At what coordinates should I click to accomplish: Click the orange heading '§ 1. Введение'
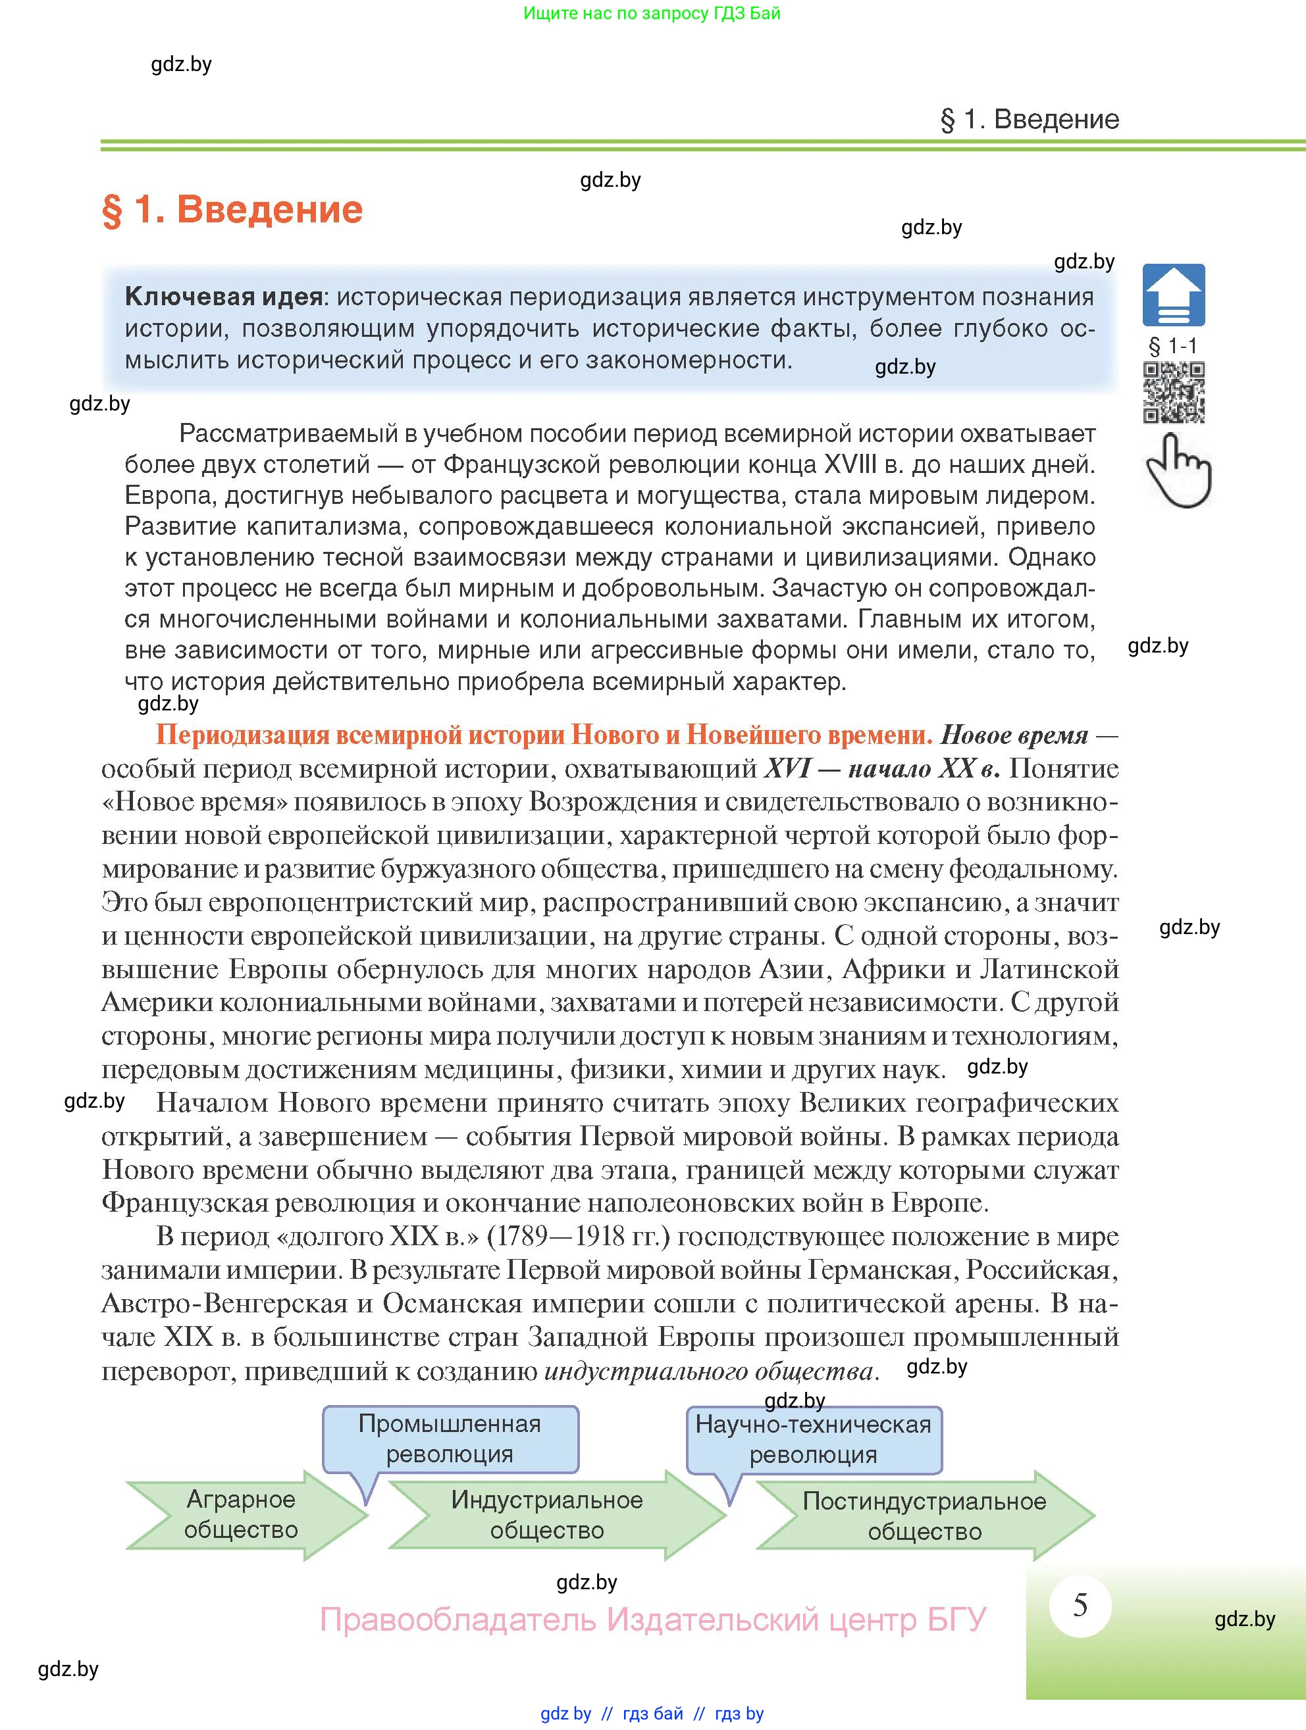tap(232, 210)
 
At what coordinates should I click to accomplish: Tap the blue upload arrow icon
tap(1173, 295)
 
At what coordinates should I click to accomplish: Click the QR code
tap(1174, 393)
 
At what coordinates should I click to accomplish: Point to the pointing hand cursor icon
tap(1178, 472)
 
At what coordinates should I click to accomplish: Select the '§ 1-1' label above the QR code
tap(1172, 347)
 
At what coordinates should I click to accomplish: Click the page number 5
tap(1080, 1605)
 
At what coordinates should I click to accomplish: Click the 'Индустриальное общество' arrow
tap(548, 1516)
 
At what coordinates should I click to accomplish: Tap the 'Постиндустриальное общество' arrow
tap(924, 1516)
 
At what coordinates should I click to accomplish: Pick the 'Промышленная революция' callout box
tap(450, 1440)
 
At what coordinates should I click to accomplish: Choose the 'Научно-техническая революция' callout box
tap(814, 1440)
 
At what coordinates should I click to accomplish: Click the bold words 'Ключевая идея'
tap(224, 297)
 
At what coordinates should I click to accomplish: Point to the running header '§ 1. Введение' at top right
tap(1029, 120)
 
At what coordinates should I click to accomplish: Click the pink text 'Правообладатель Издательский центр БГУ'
tap(652, 1619)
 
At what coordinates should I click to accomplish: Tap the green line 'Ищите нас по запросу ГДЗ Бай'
tap(652, 13)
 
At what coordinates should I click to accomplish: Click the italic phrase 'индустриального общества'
tap(708, 1371)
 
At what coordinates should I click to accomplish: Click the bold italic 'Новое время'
tap(1013, 735)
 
